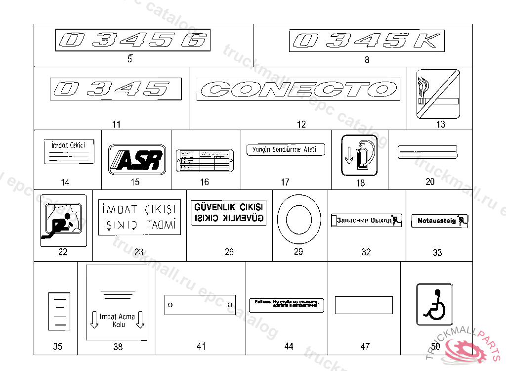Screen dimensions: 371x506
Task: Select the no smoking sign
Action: pos(438,93)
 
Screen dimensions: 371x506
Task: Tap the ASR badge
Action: pos(135,159)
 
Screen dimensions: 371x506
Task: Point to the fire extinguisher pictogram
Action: pos(359,155)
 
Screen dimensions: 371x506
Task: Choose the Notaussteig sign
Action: pos(439,221)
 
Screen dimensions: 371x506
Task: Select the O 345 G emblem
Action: pos(132,40)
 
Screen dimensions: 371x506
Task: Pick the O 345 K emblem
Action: pos(366,41)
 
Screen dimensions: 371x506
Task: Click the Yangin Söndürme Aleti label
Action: pos(286,149)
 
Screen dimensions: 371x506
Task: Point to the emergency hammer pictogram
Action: pos(63,220)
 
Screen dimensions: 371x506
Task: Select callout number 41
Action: pos(201,346)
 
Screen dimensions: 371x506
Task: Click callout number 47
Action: pos(365,346)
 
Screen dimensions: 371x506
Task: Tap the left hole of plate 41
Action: pos(170,305)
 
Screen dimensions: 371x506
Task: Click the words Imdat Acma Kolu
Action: pos(117,321)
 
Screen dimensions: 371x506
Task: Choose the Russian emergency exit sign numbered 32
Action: pos(366,220)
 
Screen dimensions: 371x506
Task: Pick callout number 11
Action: pos(116,124)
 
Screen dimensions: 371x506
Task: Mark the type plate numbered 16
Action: pos(204,160)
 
